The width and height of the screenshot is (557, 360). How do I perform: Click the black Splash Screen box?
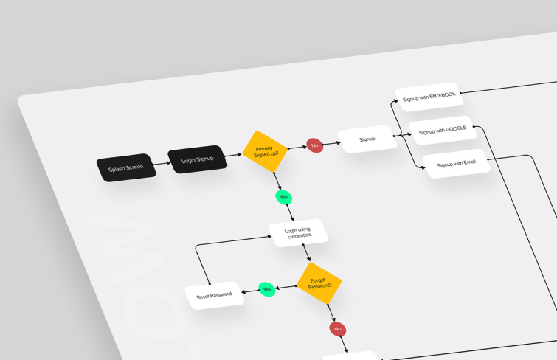coord(126,167)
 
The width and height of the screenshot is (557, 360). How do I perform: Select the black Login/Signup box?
coord(198,159)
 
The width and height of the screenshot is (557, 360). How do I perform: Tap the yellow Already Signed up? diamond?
coord(266,151)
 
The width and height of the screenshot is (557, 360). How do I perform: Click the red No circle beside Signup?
coord(315,145)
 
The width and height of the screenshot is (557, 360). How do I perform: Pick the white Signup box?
coord(367,139)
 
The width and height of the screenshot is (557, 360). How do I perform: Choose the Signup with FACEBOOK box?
coord(429,97)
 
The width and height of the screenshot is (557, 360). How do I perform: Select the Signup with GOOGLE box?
coord(443,131)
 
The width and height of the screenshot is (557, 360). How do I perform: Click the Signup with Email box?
coord(457,164)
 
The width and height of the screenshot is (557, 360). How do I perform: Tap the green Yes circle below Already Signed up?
coord(284,197)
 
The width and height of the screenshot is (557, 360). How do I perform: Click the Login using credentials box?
coord(298,233)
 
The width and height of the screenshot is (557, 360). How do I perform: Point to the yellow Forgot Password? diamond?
coord(319,283)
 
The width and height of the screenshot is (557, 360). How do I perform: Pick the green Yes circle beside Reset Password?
coord(267,289)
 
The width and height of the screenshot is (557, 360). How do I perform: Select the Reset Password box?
coord(215,296)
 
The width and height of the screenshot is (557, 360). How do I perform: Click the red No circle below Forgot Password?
coord(338,329)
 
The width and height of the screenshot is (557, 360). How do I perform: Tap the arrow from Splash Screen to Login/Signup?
coord(162,164)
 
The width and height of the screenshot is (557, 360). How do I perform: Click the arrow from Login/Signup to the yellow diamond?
coord(233,155)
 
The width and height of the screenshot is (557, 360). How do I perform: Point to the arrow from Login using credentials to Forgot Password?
coord(307,253)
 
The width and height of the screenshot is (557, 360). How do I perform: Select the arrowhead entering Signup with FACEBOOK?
coord(395,101)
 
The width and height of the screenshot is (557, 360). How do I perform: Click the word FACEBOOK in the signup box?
coord(442,95)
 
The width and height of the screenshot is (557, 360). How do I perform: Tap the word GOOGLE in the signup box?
coord(456,128)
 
